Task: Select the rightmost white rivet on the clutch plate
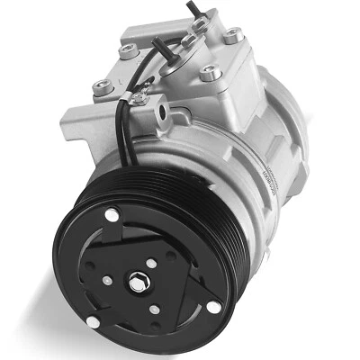pyautogui.click(x=213, y=307)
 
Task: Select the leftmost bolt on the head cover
pyautogui.click(x=103, y=88)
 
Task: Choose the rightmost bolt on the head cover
pyautogui.click(x=233, y=36)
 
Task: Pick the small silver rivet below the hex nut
pyautogui.click(x=155, y=309)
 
